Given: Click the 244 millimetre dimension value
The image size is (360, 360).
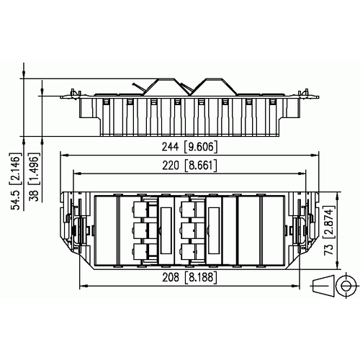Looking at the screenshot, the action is (x=170, y=147).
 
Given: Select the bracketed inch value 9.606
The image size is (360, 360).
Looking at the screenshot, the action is (x=201, y=147).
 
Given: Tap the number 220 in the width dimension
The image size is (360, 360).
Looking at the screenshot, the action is (x=171, y=166).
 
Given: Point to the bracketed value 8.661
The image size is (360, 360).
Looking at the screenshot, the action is (x=201, y=166).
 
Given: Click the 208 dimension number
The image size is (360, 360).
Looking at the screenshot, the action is (x=171, y=277).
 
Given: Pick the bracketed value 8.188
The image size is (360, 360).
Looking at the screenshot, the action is (x=201, y=277).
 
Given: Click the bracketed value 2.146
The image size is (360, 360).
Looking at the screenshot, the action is (x=15, y=168).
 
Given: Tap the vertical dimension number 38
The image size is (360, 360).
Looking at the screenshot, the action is (x=34, y=196).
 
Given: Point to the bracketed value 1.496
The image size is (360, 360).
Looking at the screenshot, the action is (x=34, y=168).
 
